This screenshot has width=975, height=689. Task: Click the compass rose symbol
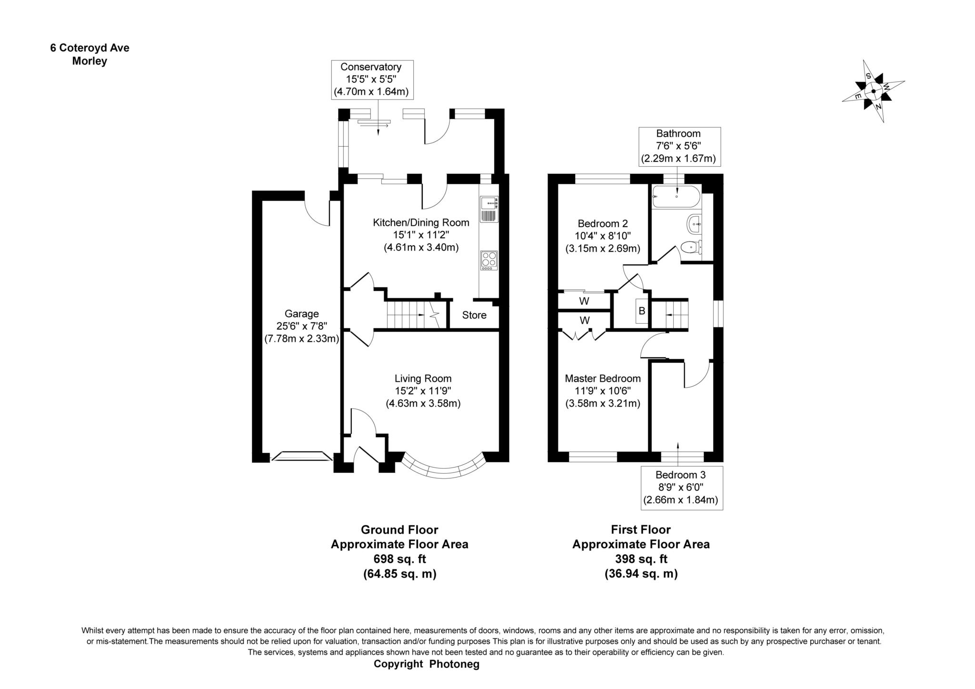pos(873,91)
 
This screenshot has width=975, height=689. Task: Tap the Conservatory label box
pos(372,80)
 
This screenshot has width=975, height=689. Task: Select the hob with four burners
pos(489,260)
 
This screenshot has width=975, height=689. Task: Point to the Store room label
pos(474,315)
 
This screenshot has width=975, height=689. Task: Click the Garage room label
pos(301,314)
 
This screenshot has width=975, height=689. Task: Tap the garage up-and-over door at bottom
pos(301,457)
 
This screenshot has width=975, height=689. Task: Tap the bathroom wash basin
pos(694,224)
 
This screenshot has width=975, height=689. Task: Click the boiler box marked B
pos(641,311)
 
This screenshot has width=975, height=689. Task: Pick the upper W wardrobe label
pos(584,301)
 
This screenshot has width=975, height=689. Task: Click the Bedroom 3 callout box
pos(681,488)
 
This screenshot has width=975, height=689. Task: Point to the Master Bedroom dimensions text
pos(602,397)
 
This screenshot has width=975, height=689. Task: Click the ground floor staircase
pos(409,314)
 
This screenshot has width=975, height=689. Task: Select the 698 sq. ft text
pos(399,559)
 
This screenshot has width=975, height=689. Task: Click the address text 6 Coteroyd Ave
pos(90,48)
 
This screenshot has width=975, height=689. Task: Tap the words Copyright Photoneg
pos(426,664)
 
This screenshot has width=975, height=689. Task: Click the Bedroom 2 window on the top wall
pos(602,179)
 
